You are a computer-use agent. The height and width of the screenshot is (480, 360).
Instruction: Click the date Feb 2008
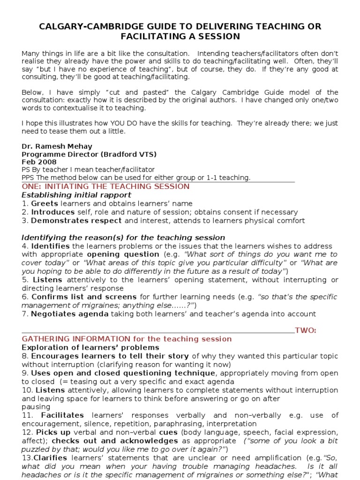(x=39, y=162)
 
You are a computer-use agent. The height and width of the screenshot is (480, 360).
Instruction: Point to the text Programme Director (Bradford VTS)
(x=89, y=154)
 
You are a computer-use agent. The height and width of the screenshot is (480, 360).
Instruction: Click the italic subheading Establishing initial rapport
(x=76, y=195)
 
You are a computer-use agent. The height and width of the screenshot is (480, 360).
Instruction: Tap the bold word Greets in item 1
(x=45, y=203)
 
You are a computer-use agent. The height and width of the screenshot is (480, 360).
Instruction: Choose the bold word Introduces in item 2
(x=50, y=212)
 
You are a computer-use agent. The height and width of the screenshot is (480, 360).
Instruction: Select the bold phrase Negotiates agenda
(x=70, y=314)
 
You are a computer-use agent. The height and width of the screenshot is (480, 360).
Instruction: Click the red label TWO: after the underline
(x=306, y=331)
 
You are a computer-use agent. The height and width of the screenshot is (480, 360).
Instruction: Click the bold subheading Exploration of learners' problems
(x=90, y=347)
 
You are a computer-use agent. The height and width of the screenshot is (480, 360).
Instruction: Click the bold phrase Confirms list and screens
(x=84, y=297)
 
